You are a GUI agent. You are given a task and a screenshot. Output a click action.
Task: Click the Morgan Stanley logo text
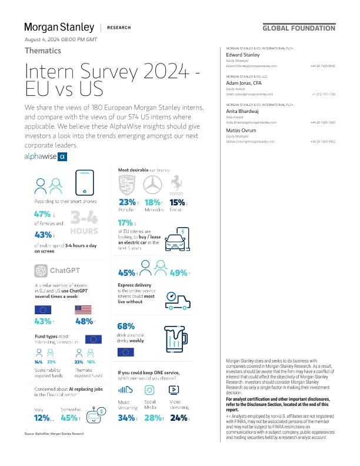click(59, 27)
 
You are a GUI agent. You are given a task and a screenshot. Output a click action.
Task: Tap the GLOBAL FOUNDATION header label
click(298, 28)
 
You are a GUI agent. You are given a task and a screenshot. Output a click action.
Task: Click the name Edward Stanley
click(243, 55)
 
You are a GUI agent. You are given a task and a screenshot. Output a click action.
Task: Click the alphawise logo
click(45, 157)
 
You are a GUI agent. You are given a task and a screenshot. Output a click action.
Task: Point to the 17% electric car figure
click(125, 223)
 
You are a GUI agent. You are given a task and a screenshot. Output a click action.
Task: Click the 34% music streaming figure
click(126, 418)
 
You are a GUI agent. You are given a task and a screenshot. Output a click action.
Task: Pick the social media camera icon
click(150, 390)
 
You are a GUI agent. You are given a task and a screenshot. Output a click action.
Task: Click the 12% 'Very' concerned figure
click(42, 418)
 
